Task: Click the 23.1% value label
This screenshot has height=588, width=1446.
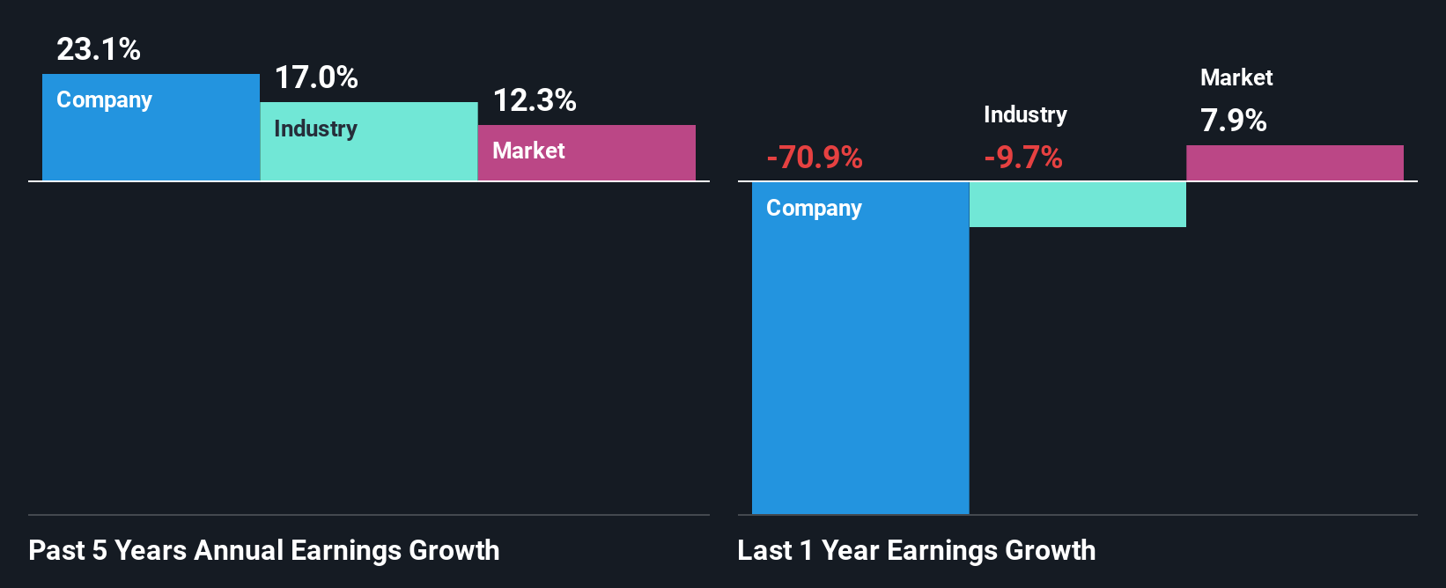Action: [98, 49]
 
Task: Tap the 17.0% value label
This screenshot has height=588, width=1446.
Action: [316, 77]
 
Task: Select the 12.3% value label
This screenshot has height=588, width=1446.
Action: [535, 100]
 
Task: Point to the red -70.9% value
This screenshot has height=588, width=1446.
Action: [815, 158]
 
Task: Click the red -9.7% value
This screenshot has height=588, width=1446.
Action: [1023, 158]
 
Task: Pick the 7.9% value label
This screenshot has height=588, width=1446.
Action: [1233, 120]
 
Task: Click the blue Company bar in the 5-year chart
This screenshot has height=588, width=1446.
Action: [151, 141]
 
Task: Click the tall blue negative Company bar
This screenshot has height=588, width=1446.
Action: [860, 370]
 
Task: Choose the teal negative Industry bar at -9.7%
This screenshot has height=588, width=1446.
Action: [1078, 204]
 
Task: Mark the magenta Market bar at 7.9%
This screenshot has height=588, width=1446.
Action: [1295, 163]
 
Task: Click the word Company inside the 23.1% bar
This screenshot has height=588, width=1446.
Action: [104, 100]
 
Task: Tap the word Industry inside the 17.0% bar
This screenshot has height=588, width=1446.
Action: [315, 129]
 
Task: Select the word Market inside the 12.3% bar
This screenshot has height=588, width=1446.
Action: [528, 151]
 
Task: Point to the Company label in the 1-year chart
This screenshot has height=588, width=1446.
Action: [814, 209]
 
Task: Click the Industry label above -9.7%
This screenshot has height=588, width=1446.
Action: [1025, 114]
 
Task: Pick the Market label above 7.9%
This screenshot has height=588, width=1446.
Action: [1236, 77]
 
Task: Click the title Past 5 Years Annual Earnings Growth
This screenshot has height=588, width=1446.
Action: [264, 550]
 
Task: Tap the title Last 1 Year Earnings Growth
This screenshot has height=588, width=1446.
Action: [917, 550]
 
